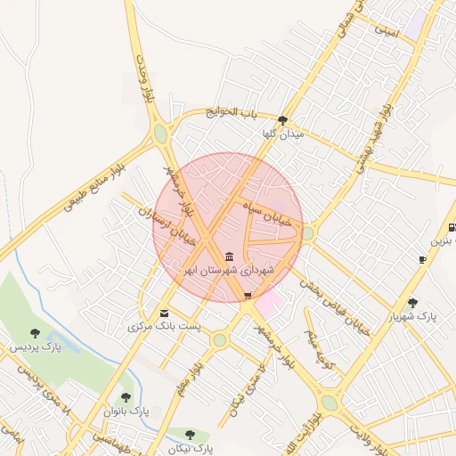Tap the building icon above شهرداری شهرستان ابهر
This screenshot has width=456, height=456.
pyautogui.click(x=230, y=257)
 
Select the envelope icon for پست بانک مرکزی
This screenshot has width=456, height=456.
pyautogui.click(x=165, y=313)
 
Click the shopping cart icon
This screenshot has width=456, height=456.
pyautogui.click(x=248, y=296)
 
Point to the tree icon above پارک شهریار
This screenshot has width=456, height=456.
pyautogui.click(x=412, y=303)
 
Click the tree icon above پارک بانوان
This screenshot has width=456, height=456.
pyautogui.click(x=126, y=398)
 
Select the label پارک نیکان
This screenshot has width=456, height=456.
pyautogui.click(x=190, y=446)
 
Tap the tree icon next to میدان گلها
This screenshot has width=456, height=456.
pyautogui.click(x=282, y=120)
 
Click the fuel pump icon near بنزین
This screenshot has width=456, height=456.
pyautogui.click(x=452, y=226)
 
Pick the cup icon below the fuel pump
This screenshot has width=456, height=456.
pyautogui.click(x=422, y=260)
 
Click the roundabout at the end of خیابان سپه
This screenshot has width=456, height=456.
pyautogui.click(x=307, y=233)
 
